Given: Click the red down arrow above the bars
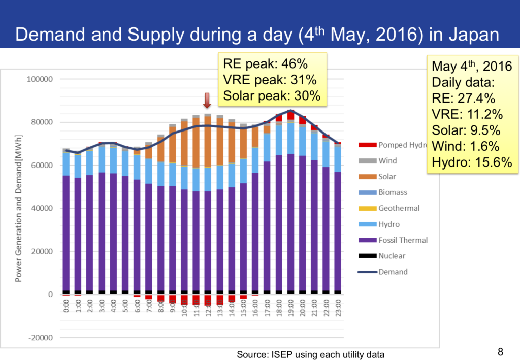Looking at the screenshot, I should pos(207,101).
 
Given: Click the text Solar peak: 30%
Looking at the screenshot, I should pos(272,95).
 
